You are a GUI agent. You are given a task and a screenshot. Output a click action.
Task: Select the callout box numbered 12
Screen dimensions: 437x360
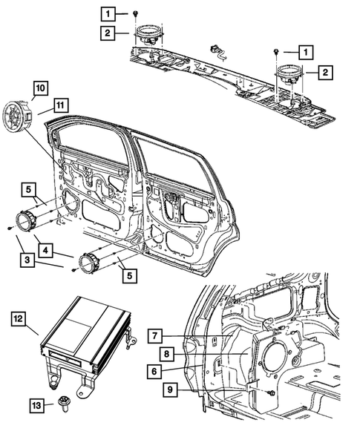19,318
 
